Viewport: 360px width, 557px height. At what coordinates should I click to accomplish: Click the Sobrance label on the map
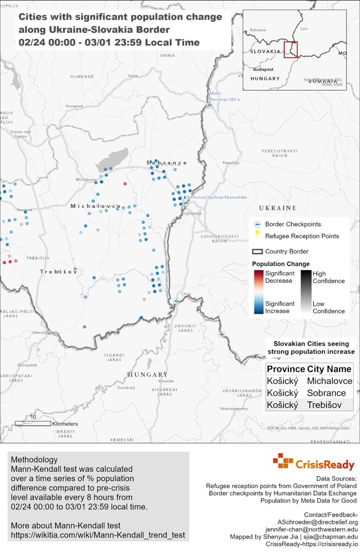pyautogui.click(x=167, y=163)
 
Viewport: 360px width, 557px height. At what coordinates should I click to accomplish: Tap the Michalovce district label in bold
pyautogui.click(x=96, y=206)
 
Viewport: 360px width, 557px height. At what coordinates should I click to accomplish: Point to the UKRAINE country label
pyautogui.click(x=277, y=207)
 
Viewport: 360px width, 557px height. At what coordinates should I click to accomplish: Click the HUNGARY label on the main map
pyautogui.click(x=148, y=374)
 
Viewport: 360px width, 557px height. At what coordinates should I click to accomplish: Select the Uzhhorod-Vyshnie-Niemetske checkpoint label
pyautogui.click(x=216, y=197)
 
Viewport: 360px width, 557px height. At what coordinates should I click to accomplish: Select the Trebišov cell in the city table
pyautogui.click(x=324, y=405)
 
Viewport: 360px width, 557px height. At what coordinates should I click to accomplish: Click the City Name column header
pyautogui.click(x=329, y=369)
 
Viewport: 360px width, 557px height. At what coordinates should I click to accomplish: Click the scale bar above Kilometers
pyautogui.click(x=33, y=423)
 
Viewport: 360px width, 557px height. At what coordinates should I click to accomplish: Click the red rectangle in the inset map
pyautogui.click(x=290, y=50)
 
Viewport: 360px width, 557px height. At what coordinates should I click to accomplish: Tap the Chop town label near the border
pyautogui.click(x=186, y=293)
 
